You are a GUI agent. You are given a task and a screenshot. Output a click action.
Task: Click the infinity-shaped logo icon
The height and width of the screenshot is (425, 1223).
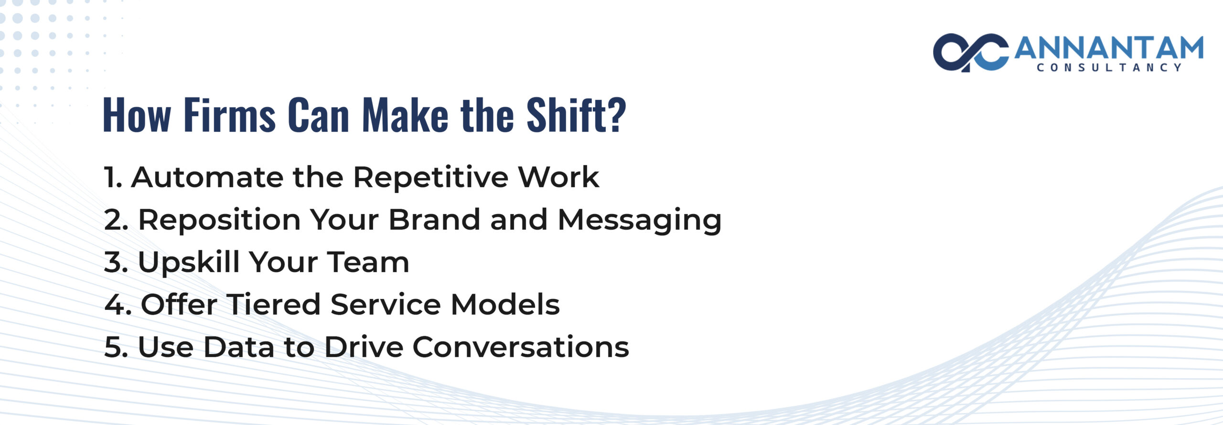pos(970,53)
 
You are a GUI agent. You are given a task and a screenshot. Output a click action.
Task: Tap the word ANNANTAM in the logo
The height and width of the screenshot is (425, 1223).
pos(1108,48)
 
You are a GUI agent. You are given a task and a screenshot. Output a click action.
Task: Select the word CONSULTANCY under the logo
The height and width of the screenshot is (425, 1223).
pos(1109,68)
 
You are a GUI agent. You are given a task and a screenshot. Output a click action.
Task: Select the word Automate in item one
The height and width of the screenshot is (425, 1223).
pos(207,177)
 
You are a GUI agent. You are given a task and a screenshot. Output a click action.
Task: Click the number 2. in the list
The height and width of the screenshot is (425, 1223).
pos(116,220)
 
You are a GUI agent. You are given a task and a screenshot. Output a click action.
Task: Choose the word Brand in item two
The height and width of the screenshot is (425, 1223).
pos(434,220)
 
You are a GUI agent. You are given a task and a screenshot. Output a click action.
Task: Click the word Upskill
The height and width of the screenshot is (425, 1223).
pos(189,263)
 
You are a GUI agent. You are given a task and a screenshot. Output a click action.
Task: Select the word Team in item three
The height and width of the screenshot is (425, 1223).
pos(368,262)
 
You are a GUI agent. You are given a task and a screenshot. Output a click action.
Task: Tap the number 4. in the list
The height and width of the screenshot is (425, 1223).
pos(118,305)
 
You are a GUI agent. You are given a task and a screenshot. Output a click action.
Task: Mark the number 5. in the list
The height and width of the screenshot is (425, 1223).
pos(116,347)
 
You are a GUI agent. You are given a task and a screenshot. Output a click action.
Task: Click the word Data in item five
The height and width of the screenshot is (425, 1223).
pos(239,347)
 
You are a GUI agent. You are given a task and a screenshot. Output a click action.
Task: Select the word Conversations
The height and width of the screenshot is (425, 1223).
pos(521,347)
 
